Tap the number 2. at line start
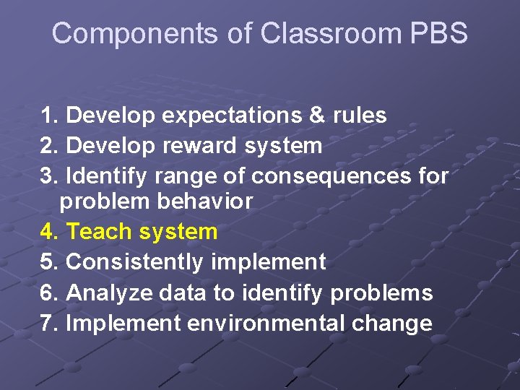click(50, 146)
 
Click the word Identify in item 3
click(104, 175)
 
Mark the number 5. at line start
click(50, 261)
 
